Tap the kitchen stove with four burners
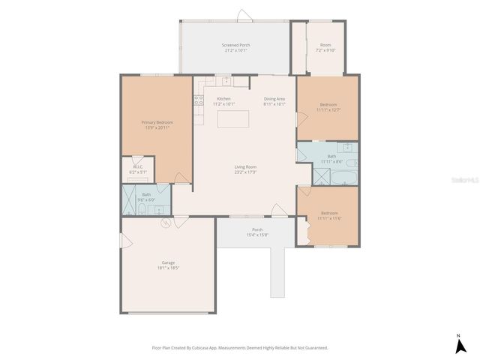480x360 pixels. coord(199,99)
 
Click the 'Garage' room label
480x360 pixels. coord(168,262)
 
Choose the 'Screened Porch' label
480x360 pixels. coord(235,46)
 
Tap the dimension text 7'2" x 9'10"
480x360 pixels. coord(326,50)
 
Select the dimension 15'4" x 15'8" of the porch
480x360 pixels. coord(257,235)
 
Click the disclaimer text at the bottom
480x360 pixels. coord(240,347)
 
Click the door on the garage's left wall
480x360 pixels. coord(126,241)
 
